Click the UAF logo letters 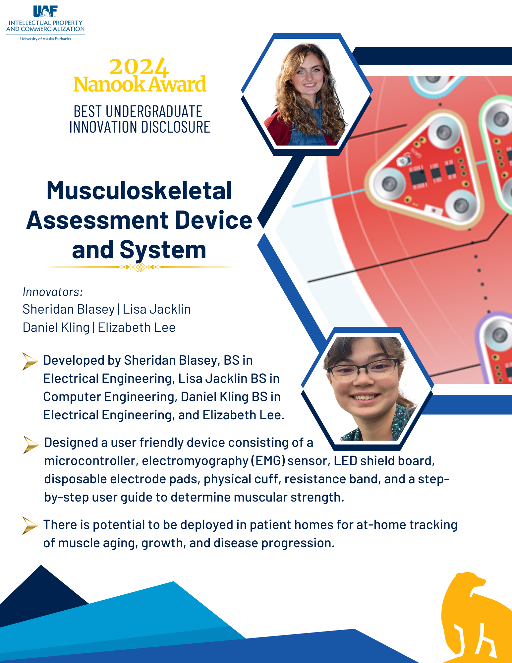(45, 11)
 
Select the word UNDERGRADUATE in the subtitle (154, 111)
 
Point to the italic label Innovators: (53, 292)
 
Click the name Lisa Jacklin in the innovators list (157, 309)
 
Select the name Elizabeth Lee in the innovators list (137, 328)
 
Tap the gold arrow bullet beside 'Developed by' (30, 361)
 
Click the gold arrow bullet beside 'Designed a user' (31, 445)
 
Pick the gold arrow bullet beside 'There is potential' (30, 525)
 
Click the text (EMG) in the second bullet (268, 461)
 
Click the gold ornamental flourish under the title (140, 267)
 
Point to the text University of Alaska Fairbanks (45, 39)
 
